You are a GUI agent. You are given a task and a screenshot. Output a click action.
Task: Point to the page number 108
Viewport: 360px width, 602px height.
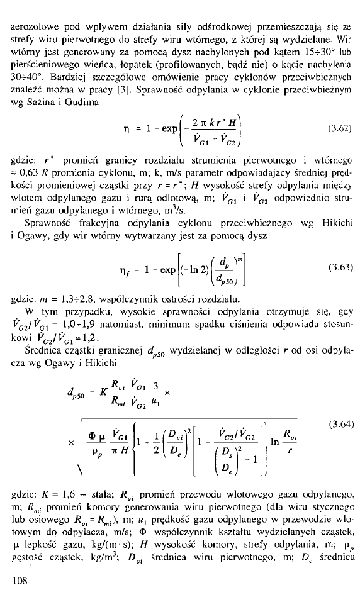tap(20, 581)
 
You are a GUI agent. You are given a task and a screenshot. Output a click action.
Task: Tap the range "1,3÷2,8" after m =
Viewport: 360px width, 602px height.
tap(79, 299)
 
